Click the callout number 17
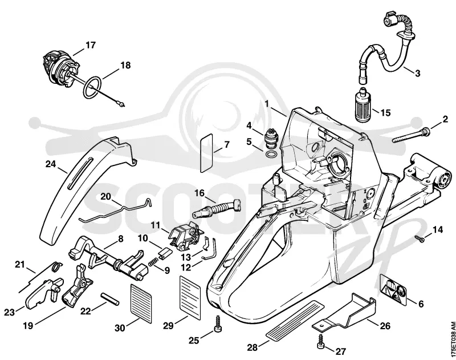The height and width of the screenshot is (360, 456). pos(91,46)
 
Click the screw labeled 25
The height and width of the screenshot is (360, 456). pos(218,324)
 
